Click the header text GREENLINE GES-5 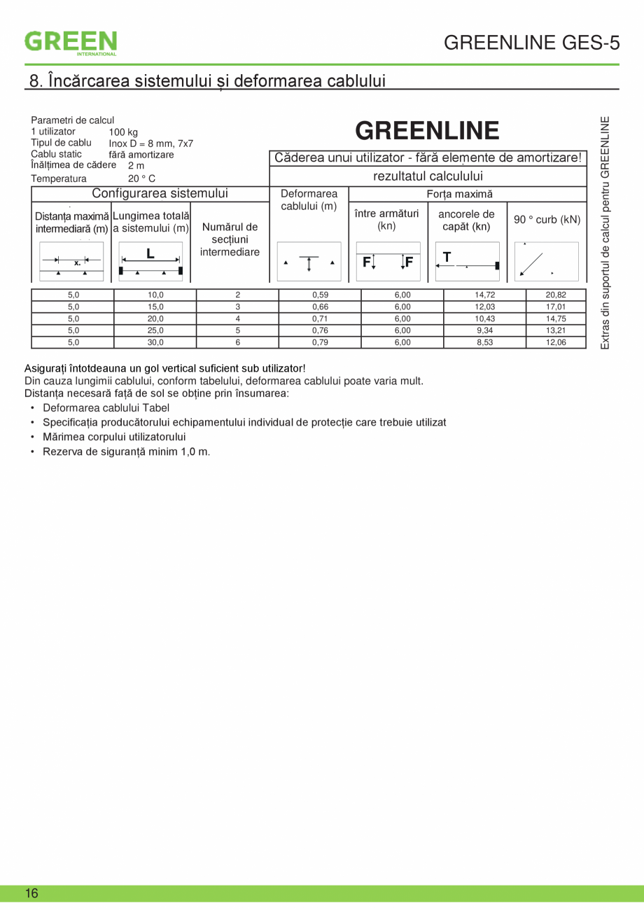coord(531,43)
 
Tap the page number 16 coord(31,893)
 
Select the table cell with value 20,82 coord(556,295)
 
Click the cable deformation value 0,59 coord(320,295)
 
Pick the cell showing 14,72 coord(484,295)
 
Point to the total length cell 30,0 coord(155,342)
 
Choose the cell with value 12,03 coord(484,307)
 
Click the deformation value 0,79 coord(320,342)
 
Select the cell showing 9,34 coord(484,330)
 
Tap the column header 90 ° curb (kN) coord(547,220)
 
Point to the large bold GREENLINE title coord(427,131)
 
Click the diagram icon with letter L coord(150,261)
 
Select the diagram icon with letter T coord(467,261)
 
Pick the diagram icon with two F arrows coord(388,261)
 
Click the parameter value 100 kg coord(123,132)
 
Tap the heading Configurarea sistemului coord(160,194)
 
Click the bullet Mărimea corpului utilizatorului coord(113,437)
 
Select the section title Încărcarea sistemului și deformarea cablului coord(207,80)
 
